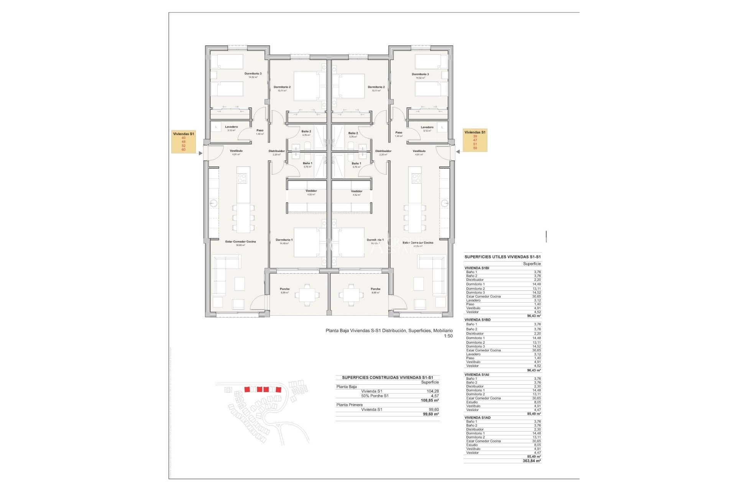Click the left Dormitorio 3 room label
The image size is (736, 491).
click(253, 74)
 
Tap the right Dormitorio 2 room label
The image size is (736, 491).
click(376, 87)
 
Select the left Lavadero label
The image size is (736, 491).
click(231, 127)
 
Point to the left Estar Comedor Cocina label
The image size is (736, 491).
click(240, 242)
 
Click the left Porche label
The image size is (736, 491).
click(284, 289)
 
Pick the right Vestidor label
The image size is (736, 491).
click(356, 191)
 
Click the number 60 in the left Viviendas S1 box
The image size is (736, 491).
click(184, 150)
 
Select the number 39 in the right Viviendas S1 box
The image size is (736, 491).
click(475, 136)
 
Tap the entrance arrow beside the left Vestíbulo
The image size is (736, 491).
click(200, 153)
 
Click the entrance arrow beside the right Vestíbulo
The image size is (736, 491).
click(458, 152)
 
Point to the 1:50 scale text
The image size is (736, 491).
click(448, 336)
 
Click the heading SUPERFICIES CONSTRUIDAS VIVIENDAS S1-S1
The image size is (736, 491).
click(387, 377)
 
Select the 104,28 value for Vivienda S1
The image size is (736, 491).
click(433, 391)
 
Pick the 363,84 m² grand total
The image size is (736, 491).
click(532, 461)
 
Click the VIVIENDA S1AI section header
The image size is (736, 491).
click(477, 375)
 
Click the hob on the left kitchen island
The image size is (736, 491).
click(242, 178)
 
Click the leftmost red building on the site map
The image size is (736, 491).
click(247, 389)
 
